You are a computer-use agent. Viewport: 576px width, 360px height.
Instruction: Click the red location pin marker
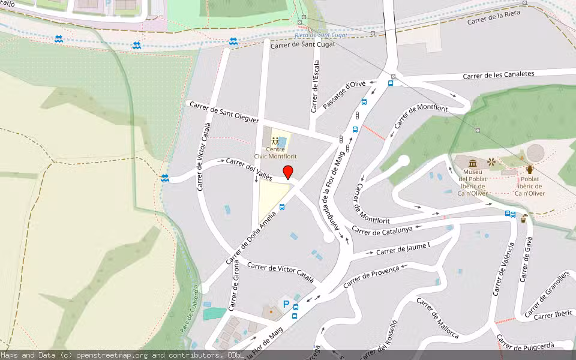[288, 172]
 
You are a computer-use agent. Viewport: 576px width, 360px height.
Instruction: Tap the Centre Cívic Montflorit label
[276, 152]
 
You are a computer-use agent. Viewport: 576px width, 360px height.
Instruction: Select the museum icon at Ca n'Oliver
[473, 163]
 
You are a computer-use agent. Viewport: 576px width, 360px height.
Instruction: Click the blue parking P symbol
[286, 305]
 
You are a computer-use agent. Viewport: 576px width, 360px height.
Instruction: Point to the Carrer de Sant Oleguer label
[224, 112]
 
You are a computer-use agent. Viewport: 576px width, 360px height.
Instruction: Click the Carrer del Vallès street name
[248, 169]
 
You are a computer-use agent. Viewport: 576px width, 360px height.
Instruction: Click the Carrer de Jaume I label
[403, 248]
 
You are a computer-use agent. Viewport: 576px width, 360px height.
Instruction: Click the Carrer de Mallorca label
[437, 318]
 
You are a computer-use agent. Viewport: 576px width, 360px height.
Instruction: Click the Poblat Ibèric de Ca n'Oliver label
[529, 186]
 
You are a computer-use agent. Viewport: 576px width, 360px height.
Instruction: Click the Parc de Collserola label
[188, 317]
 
